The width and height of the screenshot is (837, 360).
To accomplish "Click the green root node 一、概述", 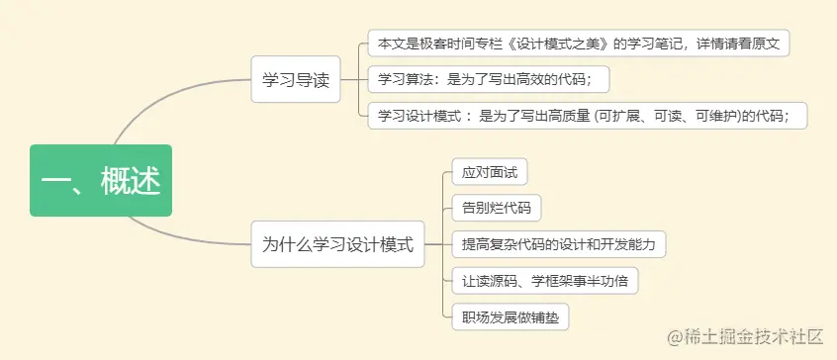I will point(101,180).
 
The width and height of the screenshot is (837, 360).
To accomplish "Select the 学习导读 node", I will point(295,79).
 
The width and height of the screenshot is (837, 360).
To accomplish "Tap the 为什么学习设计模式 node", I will point(337,242).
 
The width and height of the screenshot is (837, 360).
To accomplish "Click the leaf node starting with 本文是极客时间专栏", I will point(578,45).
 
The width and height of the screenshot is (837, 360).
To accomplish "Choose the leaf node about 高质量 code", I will point(587,115).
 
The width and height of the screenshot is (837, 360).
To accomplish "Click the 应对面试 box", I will point(489,172).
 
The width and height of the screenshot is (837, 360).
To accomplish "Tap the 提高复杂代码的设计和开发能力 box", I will point(559,243).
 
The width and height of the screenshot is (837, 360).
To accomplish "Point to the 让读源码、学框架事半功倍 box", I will point(544,280).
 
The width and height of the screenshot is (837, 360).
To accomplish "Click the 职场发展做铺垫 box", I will point(510,316).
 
